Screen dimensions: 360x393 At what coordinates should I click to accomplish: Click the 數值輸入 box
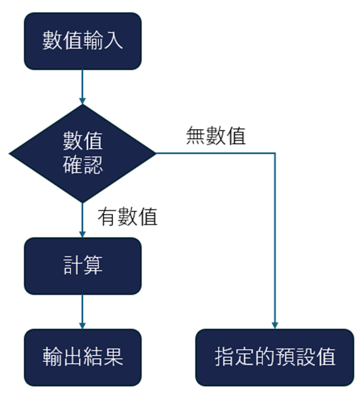coord(82,41)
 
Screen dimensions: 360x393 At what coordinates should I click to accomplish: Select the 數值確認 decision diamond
coord(82,154)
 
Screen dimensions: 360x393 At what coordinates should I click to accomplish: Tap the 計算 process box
coord(82,266)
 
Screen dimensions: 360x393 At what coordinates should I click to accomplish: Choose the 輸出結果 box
coord(82,357)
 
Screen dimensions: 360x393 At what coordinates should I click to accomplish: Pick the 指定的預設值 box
coord(275,357)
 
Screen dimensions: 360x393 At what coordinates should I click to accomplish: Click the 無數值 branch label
coord(216,136)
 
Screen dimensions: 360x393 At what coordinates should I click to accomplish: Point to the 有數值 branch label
coord(128,217)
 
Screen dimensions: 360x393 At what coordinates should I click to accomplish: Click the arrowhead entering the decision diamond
coord(82,101)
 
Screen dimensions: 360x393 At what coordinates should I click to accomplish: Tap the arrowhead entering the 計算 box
coord(82,234)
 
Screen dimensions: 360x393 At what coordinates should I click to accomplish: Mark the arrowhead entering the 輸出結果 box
coord(82,325)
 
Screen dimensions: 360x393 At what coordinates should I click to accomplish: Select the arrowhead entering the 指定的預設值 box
coord(275,325)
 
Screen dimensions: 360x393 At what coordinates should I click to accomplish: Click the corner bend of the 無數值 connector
coord(275,153)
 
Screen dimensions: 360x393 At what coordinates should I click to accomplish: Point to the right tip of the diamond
coord(156,154)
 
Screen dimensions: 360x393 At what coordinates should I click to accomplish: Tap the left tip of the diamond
coord(9,154)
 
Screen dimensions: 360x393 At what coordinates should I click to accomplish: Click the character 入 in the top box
coord(113,40)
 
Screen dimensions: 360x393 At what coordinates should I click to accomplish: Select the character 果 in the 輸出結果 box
coord(113,357)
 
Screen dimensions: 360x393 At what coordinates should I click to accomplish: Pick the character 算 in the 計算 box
coord(93,265)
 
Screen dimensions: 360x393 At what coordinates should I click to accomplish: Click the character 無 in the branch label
coord(196,136)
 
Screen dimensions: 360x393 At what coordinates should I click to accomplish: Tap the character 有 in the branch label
coord(107,217)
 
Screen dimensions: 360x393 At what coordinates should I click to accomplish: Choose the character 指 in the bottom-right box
coord(225,357)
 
